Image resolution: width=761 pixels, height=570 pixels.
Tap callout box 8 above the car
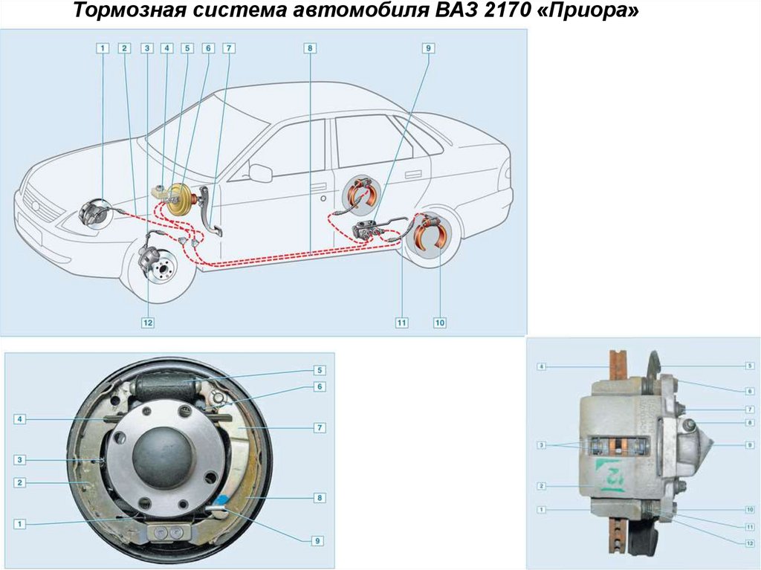click(x=310, y=48)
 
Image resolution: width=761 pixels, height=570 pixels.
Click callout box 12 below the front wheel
click(x=148, y=323)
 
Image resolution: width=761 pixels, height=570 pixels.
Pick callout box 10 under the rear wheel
click(x=440, y=323)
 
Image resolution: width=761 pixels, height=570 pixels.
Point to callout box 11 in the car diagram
click(x=401, y=323)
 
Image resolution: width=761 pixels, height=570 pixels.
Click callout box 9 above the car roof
click(x=428, y=48)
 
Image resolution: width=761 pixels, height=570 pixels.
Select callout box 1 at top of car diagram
click(x=103, y=48)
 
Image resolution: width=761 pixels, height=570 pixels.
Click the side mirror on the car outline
click(x=261, y=172)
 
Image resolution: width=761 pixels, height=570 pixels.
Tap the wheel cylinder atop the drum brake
click(x=167, y=386)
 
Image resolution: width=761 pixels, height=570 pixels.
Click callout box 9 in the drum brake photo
click(x=317, y=541)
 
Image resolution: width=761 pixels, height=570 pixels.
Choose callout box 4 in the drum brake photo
click(x=19, y=418)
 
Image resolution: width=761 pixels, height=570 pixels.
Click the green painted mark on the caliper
click(x=611, y=475)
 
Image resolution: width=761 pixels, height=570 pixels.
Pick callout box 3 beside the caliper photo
click(x=542, y=445)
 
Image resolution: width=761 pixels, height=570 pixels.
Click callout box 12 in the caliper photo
click(x=750, y=543)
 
